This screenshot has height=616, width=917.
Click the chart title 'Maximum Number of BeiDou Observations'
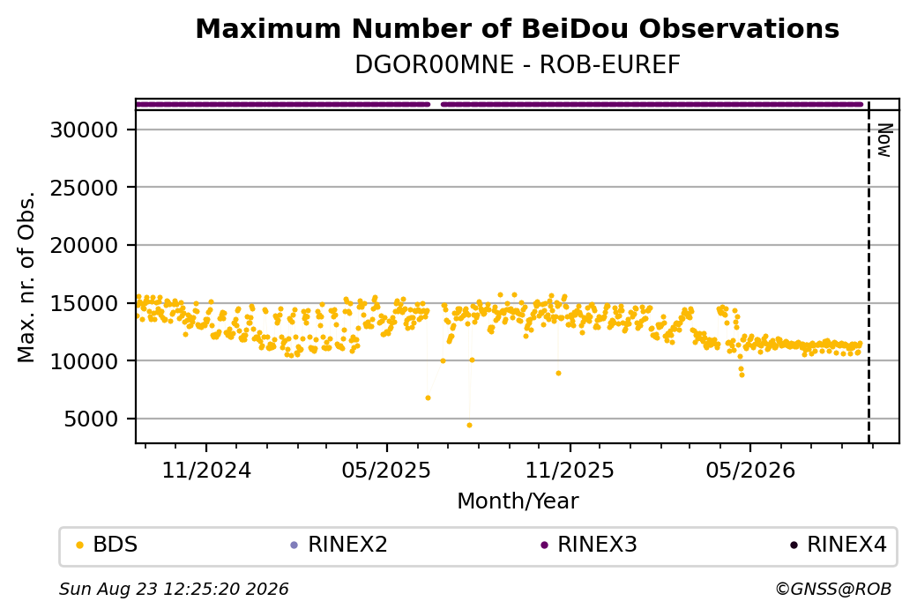517,28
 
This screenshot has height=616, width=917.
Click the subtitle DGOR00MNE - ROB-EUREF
517,65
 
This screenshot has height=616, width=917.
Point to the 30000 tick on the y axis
85,130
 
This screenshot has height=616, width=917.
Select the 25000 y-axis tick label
85,188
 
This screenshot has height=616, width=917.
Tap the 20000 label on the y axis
85,246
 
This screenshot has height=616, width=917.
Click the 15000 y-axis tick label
85,303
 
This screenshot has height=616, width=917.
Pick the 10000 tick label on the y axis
85,361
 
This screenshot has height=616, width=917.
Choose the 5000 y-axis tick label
91,419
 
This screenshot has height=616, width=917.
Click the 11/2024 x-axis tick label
205,471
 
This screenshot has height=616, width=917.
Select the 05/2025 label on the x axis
386,471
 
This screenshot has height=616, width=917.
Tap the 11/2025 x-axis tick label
570,471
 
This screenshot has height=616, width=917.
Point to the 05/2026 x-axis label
750,471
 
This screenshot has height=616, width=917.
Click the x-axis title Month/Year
518,501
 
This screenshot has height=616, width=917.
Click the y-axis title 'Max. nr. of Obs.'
26,277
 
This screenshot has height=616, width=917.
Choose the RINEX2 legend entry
339,545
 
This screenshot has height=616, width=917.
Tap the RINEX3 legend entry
588,545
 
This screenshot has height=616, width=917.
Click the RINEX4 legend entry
839,545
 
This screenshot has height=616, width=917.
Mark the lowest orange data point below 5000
469,425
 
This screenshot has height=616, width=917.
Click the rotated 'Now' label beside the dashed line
883,140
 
